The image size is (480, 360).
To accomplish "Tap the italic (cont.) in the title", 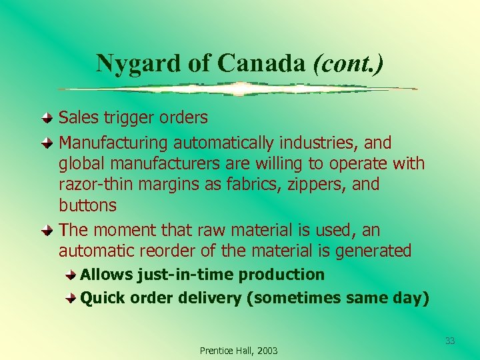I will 348,63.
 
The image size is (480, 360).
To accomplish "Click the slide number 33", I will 450,341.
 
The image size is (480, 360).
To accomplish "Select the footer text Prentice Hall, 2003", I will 239,351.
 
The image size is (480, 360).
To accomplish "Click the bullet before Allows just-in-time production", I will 71,275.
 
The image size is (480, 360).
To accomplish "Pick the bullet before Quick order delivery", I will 71,299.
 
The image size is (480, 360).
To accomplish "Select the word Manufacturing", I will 114,143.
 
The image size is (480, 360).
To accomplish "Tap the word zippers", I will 317,184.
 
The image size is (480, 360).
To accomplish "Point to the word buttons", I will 87,205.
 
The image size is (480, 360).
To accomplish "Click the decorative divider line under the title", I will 238,89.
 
